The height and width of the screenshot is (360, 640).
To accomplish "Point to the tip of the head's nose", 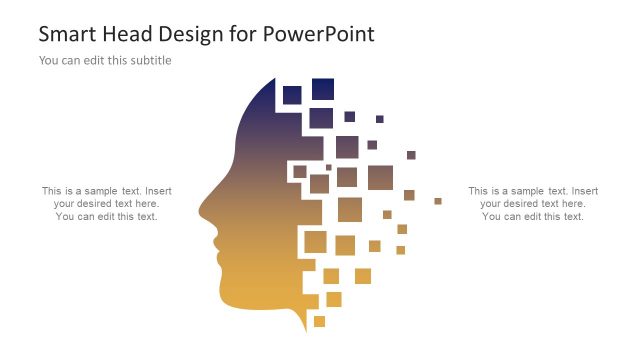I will [x=200, y=212].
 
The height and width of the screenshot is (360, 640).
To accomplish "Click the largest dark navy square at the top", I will [x=322, y=89].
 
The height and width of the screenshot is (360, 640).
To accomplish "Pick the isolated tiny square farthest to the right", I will [x=438, y=201].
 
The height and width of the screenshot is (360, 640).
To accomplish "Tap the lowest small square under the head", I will [x=319, y=321].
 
